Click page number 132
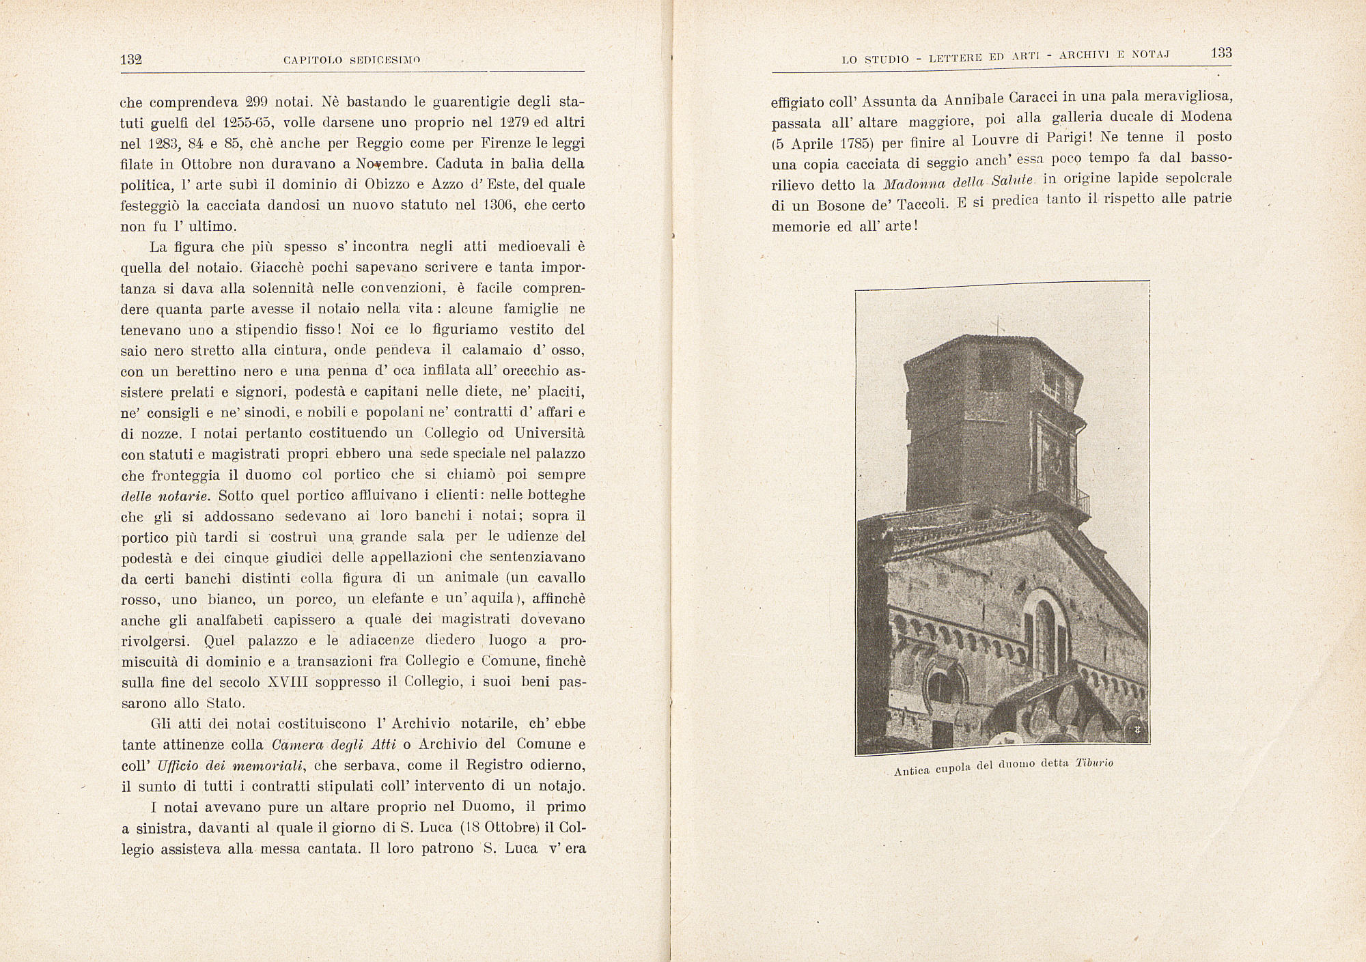(130, 59)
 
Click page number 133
(1221, 53)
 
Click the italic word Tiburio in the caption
(1094, 763)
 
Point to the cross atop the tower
(998, 326)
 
